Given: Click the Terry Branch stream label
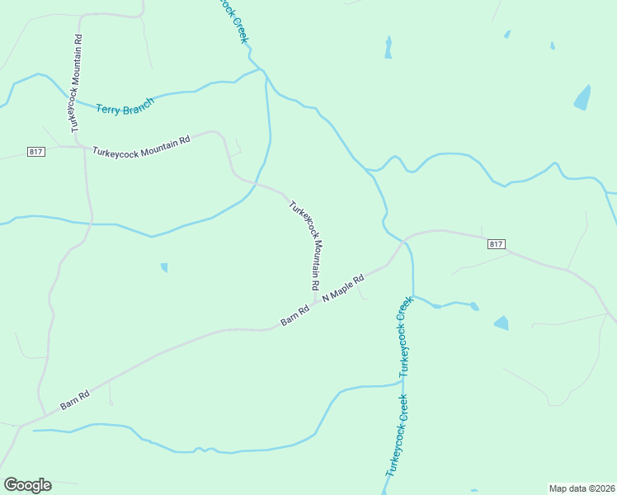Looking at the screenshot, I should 125,109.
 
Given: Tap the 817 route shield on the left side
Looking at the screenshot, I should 35,152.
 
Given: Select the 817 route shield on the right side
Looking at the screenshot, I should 496,244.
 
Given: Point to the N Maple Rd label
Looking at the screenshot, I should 343,286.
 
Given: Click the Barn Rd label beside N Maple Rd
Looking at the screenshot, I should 294,315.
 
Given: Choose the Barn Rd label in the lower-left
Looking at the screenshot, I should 74,400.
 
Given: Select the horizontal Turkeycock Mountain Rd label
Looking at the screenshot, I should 141,146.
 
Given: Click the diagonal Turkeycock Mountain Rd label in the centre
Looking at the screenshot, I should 304,244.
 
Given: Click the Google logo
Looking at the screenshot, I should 27,485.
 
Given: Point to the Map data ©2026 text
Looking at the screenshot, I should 582,488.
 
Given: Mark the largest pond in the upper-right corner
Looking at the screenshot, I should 582,98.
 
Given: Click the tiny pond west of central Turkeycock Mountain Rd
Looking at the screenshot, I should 164,267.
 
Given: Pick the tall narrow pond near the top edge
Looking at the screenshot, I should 388,48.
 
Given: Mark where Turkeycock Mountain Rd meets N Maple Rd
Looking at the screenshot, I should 315,301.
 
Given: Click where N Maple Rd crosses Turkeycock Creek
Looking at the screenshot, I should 404,242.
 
